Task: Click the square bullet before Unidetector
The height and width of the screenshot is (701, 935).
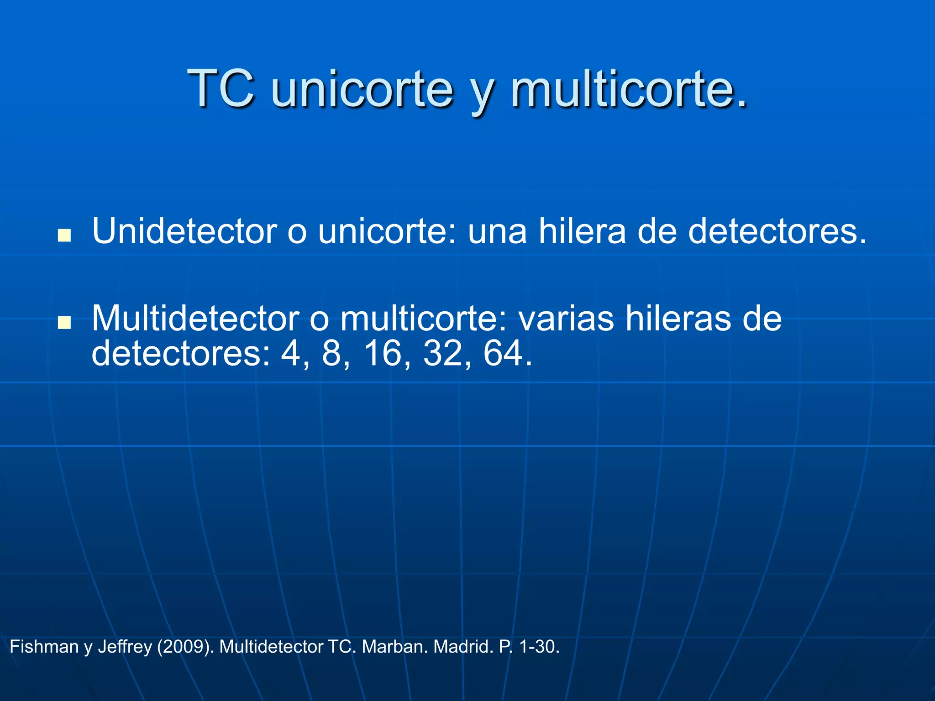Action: point(64,235)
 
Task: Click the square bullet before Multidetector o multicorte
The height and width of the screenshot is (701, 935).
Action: point(64,323)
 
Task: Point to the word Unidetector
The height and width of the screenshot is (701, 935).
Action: point(184,231)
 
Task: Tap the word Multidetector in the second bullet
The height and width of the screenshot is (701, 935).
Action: point(195,318)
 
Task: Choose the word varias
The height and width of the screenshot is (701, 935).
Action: point(566,318)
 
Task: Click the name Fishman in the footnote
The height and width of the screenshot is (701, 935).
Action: point(44,647)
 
